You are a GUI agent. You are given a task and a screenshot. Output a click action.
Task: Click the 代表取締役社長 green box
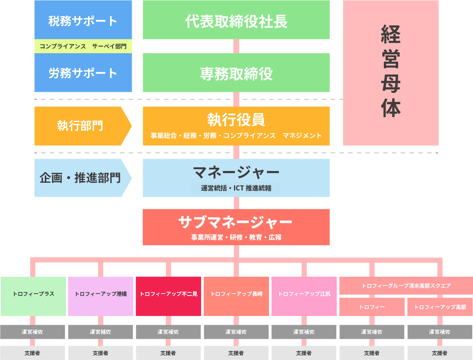click(236, 20)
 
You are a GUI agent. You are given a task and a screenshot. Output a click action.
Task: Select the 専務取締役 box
click(236, 73)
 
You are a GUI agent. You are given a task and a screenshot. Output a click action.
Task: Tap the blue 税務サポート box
click(83, 20)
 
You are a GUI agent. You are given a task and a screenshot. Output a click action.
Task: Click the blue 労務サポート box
click(83, 73)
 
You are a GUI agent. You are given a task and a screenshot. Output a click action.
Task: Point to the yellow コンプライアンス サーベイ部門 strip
click(83, 46)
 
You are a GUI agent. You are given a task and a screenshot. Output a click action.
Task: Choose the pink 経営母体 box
click(390, 73)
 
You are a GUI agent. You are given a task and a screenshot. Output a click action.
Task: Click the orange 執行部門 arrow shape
click(80, 126)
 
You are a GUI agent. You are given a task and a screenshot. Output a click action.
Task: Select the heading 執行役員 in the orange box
click(236, 120)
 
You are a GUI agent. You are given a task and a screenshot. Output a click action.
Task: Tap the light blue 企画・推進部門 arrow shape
click(80, 178)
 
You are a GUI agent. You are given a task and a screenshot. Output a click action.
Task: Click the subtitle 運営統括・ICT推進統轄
click(236, 188)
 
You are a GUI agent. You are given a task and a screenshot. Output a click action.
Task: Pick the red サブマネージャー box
click(236, 227)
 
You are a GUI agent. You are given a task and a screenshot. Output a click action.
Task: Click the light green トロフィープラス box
click(33, 296)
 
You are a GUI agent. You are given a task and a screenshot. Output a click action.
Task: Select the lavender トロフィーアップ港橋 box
click(101, 296)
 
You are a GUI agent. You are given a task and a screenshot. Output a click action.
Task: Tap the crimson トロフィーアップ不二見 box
click(168, 296)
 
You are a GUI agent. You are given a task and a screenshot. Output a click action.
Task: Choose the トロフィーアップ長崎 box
click(236, 296)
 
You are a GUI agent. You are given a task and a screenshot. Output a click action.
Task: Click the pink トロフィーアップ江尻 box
click(304, 296)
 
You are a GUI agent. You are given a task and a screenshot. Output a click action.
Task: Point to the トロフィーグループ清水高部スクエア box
click(406, 286)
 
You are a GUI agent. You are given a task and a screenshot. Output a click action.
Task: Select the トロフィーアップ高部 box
click(440, 307)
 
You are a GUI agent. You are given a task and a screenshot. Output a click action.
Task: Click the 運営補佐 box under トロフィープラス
click(32, 332)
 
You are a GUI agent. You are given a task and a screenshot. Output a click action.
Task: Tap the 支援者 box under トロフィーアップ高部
click(440, 353)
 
